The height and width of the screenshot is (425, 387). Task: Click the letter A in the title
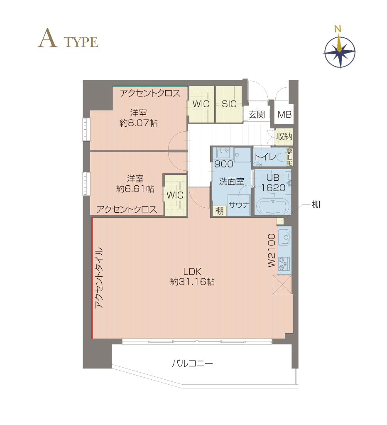47,38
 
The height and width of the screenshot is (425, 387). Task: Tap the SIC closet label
229,104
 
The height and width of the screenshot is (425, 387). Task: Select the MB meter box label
284,114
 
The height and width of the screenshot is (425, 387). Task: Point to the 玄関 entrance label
257,115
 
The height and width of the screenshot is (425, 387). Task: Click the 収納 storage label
284,137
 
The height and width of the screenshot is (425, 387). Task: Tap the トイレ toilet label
265,157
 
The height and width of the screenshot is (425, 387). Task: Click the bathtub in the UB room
273,206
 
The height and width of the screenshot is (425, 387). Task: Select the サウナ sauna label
239,205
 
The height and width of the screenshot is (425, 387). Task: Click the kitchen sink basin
284,237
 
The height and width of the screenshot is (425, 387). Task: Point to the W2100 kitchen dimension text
272,251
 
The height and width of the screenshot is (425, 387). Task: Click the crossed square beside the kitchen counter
282,284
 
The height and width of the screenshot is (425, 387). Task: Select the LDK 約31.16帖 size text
192,277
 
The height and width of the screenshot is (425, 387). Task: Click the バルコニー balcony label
192,363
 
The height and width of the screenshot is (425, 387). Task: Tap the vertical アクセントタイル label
99,278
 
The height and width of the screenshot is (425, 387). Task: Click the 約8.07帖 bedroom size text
138,123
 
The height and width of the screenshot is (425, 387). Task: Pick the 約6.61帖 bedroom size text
135,189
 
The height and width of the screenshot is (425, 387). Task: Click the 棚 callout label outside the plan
316,204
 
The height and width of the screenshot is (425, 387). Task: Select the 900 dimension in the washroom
224,164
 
